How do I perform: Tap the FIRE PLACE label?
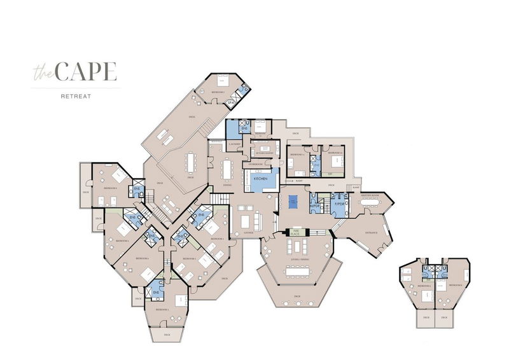[295, 233]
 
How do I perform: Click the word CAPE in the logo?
[86, 73]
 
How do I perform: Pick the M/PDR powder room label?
[314, 205]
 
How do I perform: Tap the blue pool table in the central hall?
[293, 202]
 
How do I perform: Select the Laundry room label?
[234, 144]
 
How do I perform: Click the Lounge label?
[249, 233]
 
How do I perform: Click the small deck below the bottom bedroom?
[167, 333]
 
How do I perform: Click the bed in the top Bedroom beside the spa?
[223, 81]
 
